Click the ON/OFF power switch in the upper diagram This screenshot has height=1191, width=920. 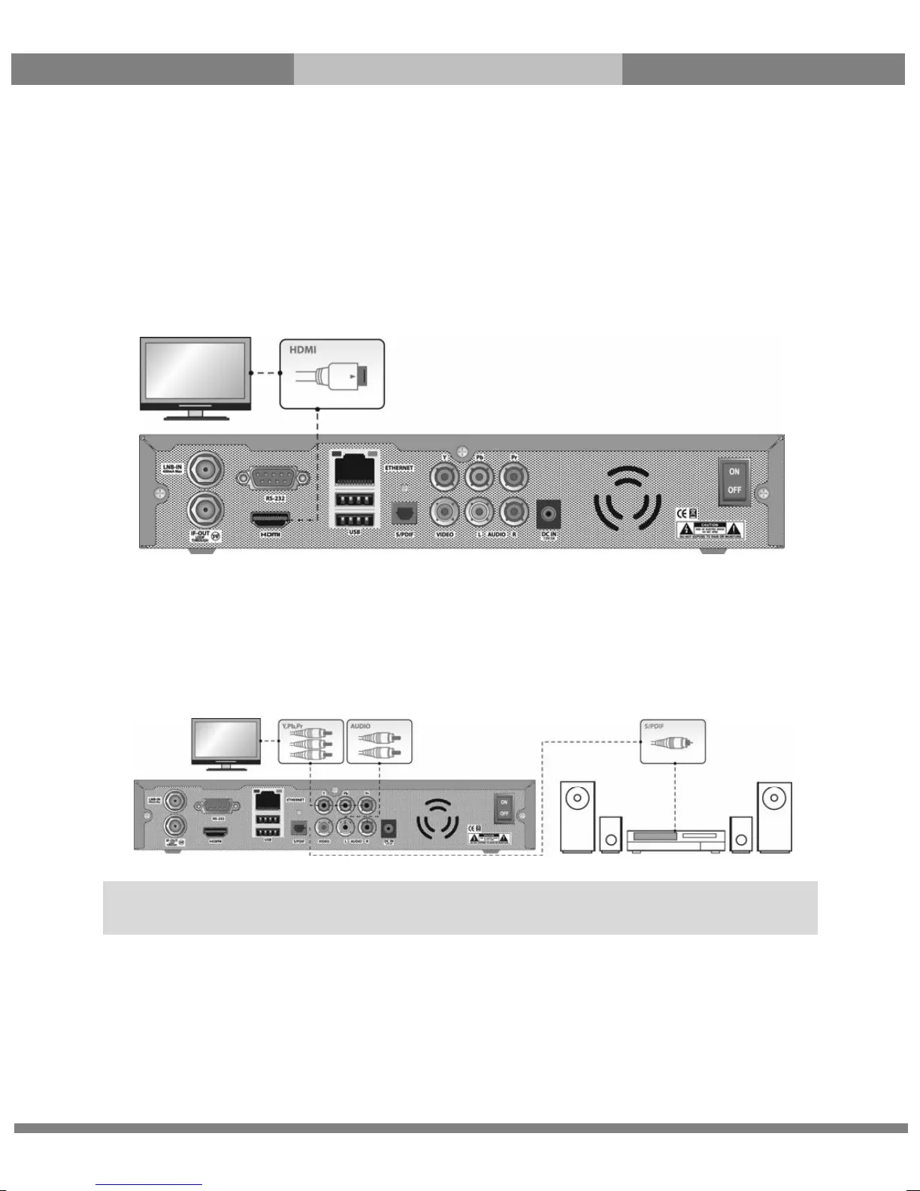(734, 481)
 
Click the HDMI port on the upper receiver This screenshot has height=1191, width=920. (270, 519)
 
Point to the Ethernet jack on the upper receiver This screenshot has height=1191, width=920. (356, 468)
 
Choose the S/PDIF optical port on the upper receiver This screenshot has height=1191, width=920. (404, 514)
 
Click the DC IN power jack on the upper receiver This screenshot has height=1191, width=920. (549, 515)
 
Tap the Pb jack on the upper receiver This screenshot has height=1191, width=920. (479, 477)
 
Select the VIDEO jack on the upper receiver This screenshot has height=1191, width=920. (445, 513)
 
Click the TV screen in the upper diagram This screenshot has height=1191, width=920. (195, 371)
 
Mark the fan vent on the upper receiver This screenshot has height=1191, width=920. (628, 497)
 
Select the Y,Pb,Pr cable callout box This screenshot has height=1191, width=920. (311, 741)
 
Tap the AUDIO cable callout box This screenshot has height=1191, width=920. (380, 741)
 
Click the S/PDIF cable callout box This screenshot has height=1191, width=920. (673, 741)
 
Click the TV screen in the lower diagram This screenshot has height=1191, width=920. (226, 740)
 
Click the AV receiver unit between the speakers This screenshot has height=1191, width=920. (676, 839)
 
